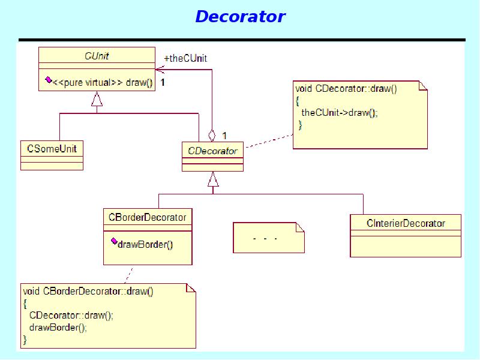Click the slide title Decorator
[x=240, y=16]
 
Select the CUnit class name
[x=97, y=56]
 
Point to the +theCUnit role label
[x=185, y=58]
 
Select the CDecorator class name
[x=212, y=151]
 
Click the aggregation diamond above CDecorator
[x=212, y=136]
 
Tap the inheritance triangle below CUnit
[x=97, y=100]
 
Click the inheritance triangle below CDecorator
[x=213, y=179]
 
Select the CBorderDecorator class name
[x=148, y=217]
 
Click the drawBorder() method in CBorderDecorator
[x=145, y=244]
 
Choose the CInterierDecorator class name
[x=406, y=223]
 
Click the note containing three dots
[x=268, y=238]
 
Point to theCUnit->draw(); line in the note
[x=340, y=112]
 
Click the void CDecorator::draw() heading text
[x=346, y=88]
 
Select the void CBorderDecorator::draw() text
[x=88, y=292]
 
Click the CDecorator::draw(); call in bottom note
[x=71, y=316]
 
